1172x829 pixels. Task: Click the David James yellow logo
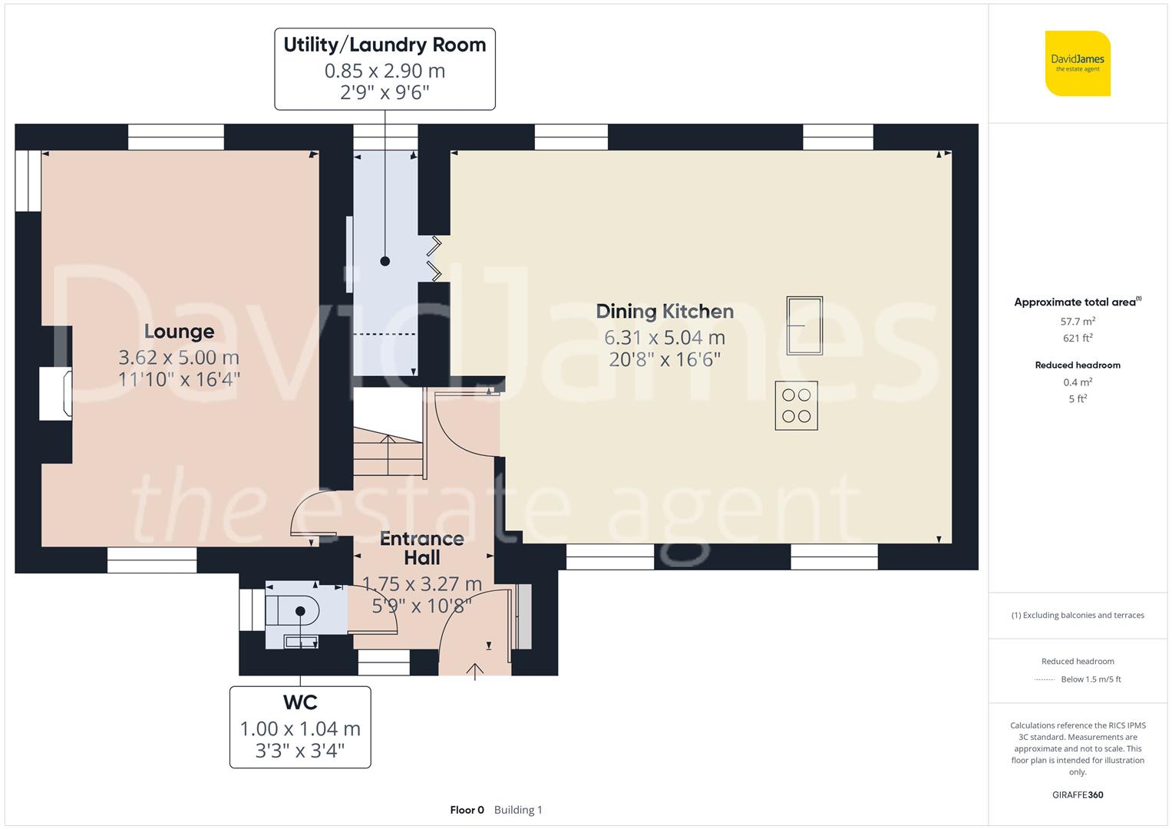pos(1078,64)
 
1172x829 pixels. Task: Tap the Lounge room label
pos(179,332)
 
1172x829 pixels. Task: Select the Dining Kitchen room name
pos(665,311)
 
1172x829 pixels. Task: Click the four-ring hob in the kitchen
pos(796,405)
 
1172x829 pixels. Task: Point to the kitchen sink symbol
pos(804,325)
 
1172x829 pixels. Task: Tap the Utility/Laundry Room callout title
pos(385,45)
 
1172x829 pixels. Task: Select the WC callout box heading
pos(300,702)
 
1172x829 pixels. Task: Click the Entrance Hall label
pos(421,547)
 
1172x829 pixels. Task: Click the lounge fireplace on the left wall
pos(56,393)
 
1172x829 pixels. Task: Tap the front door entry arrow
pos(475,672)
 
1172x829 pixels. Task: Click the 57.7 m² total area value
pos(1078,322)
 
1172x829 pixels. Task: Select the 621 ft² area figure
pos(1078,338)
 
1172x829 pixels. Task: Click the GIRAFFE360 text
pos(1078,794)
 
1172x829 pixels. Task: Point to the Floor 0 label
pos(467,810)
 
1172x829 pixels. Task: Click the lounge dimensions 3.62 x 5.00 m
pos(179,357)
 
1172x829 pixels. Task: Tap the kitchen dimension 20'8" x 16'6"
pos(665,359)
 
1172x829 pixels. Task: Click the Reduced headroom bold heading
pos(1078,365)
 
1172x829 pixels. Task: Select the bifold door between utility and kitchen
pos(434,259)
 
